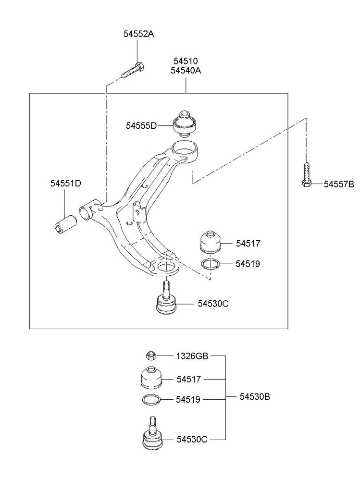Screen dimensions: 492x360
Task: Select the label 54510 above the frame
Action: (186, 61)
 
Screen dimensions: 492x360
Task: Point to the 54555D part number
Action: (141, 126)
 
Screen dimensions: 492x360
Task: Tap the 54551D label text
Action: (66, 184)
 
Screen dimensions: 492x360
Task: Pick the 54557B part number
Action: (338, 184)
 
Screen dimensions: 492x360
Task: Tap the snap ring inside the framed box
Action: (210, 264)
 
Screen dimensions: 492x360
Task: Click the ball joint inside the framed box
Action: (166, 301)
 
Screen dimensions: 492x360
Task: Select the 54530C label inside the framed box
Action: (212, 304)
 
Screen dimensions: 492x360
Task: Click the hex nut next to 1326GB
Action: (150, 356)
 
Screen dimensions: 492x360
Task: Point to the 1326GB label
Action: (192, 356)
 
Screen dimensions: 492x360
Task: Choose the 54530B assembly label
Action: (255, 397)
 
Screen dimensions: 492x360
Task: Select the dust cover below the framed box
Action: (150, 378)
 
